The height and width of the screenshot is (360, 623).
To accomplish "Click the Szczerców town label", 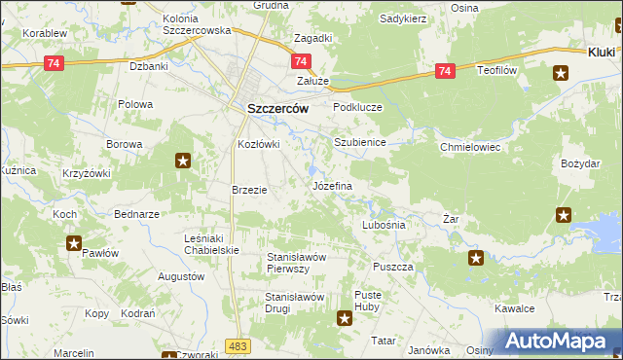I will [x=277, y=110].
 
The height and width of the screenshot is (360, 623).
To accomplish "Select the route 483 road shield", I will [x=237, y=345].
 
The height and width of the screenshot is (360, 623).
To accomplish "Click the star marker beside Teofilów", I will [x=562, y=72].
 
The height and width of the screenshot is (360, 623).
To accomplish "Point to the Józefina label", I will [x=332, y=185].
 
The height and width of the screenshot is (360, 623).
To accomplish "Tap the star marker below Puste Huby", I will [x=345, y=317].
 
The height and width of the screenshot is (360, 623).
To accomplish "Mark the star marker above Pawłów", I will [x=74, y=243].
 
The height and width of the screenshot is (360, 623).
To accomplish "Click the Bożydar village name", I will [x=581, y=164].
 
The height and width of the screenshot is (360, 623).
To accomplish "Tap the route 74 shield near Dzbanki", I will [x=54, y=63].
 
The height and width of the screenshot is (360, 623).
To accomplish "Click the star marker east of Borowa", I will [x=183, y=161].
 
